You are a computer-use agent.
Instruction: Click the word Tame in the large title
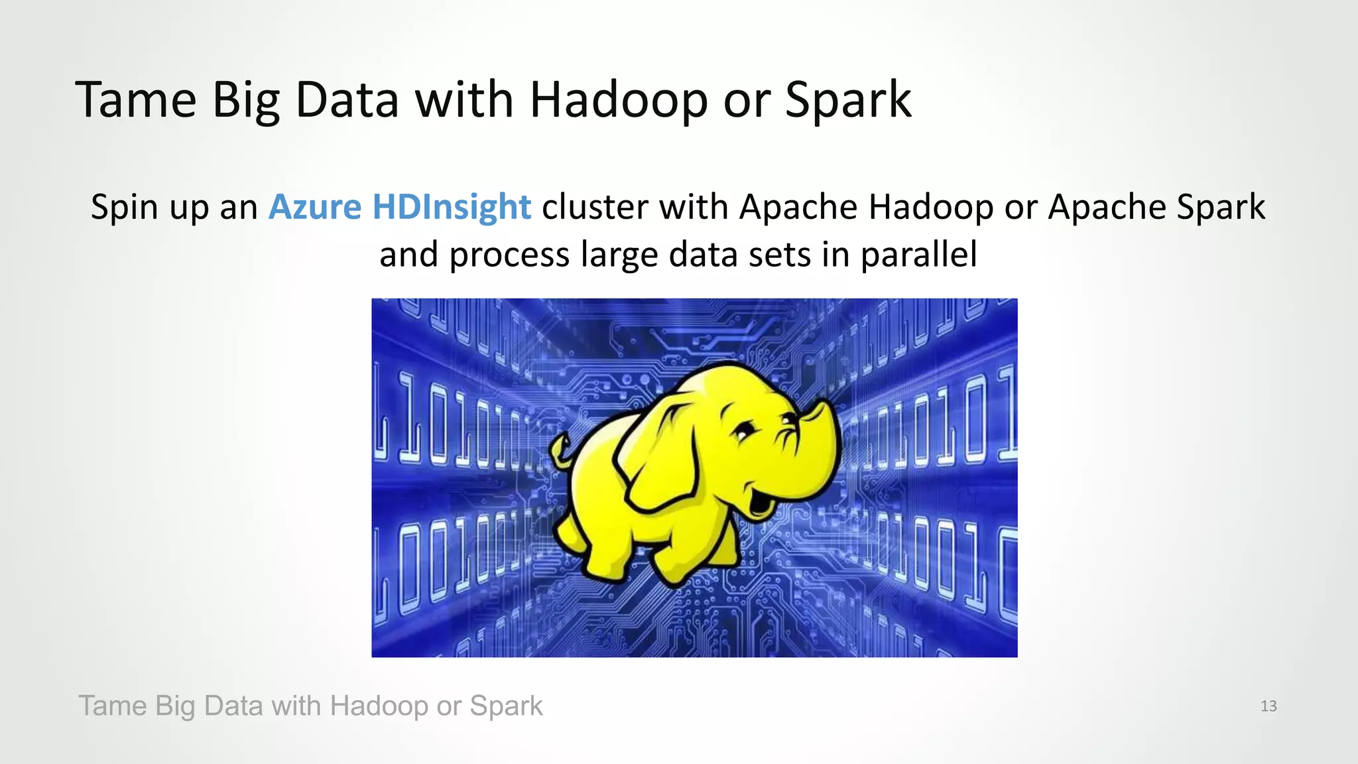click(x=136, y=99)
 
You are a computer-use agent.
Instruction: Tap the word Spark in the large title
click(x=848, y=99)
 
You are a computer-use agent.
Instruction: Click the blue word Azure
click(x=315, y=206)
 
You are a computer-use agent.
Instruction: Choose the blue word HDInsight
click(x=452, y=206)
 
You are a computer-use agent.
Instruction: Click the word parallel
click(x=918, y=255)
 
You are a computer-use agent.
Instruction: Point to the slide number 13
click(x=1268, y=706)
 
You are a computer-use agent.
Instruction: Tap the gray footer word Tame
click(x=112, y=706)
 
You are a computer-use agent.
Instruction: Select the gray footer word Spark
click(x=506, y=706)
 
